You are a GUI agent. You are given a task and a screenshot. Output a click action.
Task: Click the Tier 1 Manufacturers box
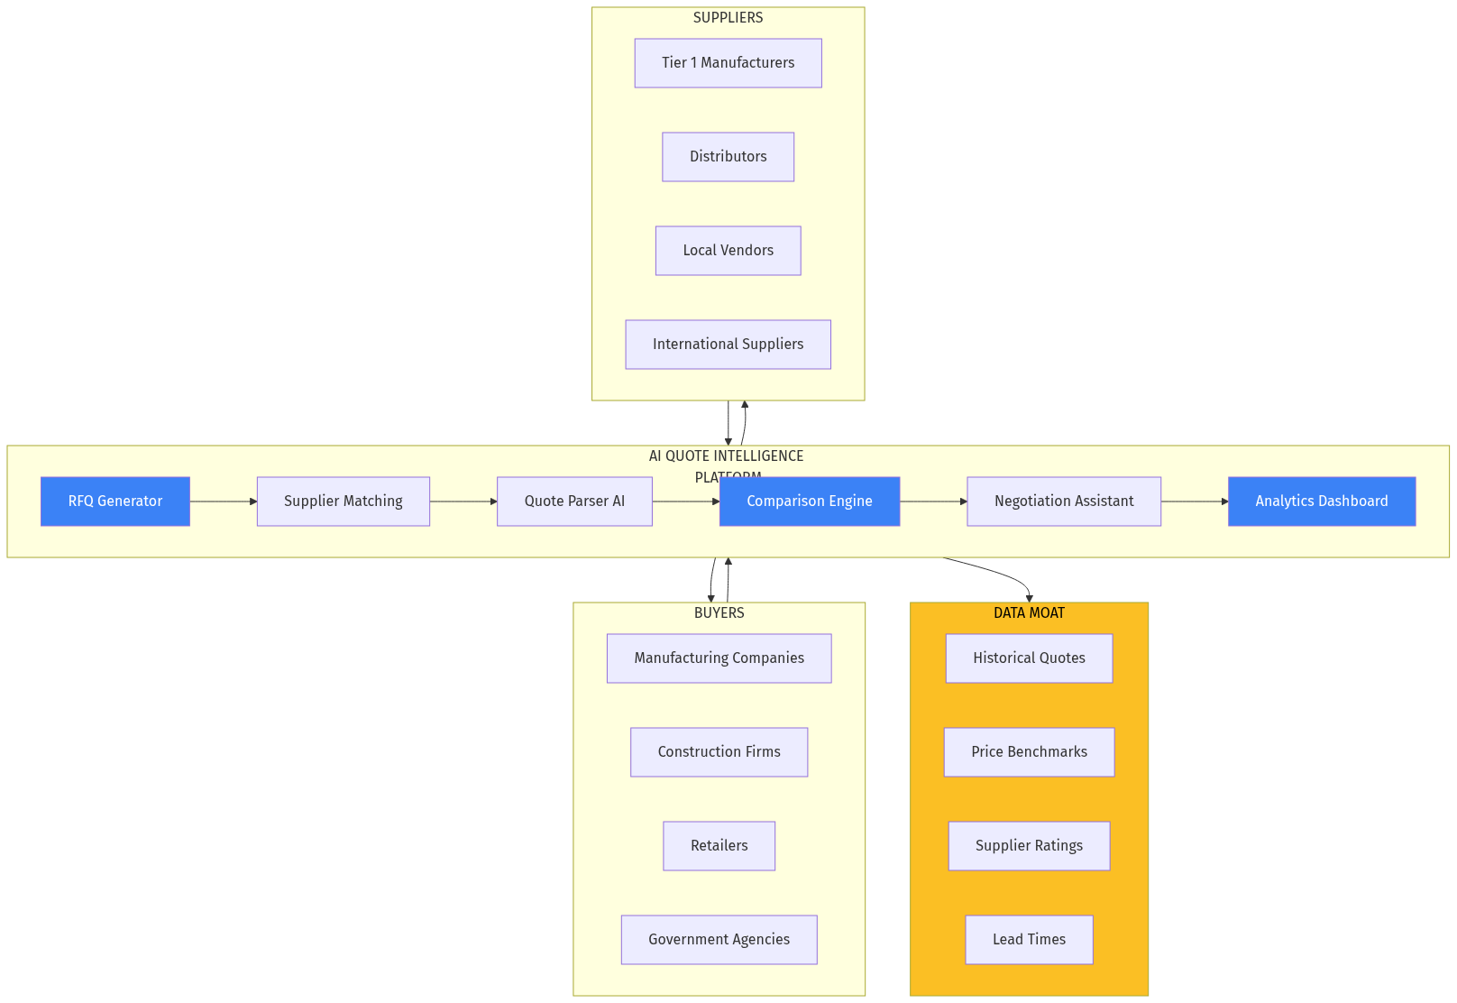point(728,63)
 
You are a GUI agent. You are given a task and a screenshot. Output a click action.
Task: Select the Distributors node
point(728,157)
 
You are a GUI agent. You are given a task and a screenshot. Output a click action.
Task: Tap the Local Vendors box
point(728,251)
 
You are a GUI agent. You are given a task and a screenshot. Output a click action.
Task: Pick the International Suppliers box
point(728,345)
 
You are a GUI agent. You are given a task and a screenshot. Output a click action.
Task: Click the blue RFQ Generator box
point(115,502)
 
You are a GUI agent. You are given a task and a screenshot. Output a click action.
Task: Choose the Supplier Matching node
point(343,502)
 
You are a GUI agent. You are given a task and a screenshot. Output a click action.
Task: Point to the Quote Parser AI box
point(574,502)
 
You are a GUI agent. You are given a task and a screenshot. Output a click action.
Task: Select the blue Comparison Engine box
point(809,502)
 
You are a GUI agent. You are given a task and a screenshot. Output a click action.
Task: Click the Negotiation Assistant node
point(1064,502)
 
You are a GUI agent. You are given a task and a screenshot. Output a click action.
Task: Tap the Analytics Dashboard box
point(1321,502)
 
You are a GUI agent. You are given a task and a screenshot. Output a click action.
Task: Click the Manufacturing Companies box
point(719,658)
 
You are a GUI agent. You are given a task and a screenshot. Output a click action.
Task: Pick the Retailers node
point(719,846)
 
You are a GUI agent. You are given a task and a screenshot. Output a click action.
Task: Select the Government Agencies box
point(719,940)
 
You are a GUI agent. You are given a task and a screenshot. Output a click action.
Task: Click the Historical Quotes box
point(1029,658)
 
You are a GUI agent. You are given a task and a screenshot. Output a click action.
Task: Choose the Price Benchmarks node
point(1029,752)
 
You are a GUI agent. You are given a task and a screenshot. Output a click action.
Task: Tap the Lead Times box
point(1029,940)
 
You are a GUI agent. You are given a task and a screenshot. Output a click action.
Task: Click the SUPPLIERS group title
point(728,18)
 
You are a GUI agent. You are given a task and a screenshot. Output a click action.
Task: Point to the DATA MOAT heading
point(1029,613)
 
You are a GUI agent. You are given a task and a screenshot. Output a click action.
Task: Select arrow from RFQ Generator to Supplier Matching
point(223,502)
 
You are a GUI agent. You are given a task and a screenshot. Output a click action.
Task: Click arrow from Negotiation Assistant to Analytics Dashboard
point(1194,502)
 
